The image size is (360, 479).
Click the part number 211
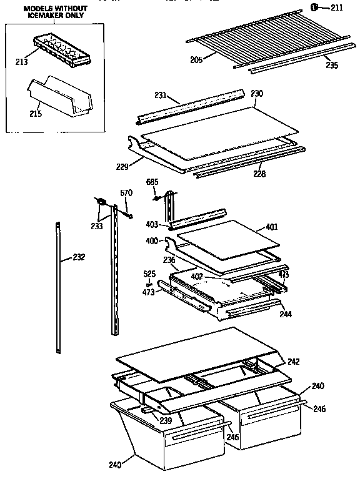(x=337, y=8)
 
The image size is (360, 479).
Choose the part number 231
(x=161, y=95)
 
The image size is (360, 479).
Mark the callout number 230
(x=257, y=93)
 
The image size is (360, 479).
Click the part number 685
(x=152, y=182)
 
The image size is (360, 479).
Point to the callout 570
(x=126, y=193)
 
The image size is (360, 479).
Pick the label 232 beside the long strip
(x=78, y=257)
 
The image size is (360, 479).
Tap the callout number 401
(x=272, y=227)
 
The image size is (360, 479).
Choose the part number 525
(x=149, y=274)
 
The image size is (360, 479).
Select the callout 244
(x=286, y=314)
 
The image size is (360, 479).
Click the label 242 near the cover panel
(x=293, y=361)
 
